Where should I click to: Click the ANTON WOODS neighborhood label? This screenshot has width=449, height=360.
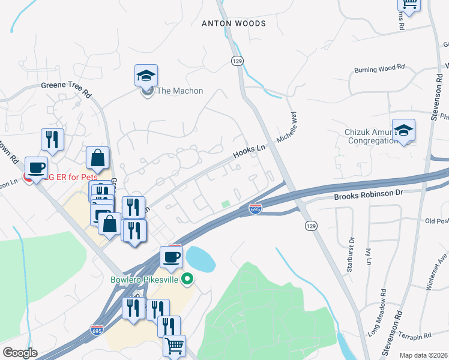click(234, 23)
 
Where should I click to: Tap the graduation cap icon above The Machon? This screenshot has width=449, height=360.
click(146, 76)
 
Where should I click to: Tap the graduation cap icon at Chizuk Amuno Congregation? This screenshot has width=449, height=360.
click(403, 130)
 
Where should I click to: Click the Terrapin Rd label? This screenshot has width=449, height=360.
click(417, 337)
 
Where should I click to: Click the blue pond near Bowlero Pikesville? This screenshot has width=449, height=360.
click(200, 259)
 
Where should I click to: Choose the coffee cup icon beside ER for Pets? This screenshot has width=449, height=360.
click(36, 168)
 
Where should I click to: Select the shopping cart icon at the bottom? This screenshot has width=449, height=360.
click(174, 346)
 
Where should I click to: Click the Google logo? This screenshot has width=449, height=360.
click(20, 353)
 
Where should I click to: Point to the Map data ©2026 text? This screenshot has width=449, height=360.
click(423, 355)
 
